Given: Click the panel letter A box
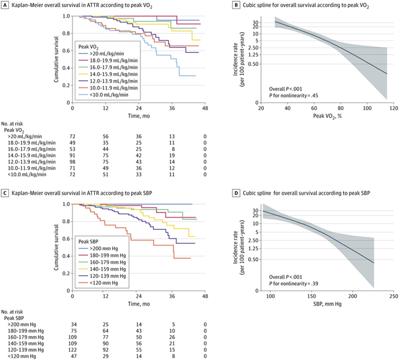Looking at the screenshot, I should (x=5, y=5).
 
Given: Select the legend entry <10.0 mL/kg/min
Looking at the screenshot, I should (x=109, y=95).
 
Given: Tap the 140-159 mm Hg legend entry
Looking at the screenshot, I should (x=108, y=269).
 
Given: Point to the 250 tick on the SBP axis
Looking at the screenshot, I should (x=393, y=296).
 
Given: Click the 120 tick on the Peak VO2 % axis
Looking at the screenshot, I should (x=393, y=108).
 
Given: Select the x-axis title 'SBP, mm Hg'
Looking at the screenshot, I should (x=327, y=304).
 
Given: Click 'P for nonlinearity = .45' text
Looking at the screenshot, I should (x=293, y=96).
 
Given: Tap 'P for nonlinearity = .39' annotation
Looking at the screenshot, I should (x=293, y=284).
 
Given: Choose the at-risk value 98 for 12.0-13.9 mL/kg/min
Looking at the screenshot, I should (x=73, y=162).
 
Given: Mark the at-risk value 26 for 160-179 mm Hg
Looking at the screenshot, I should (x=172, y=337).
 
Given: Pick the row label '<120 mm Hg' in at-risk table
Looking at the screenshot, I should (x=22, y=356).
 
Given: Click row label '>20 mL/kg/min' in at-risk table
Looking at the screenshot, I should (x=25, y=137).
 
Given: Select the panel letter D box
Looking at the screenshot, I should (x=236, y=193).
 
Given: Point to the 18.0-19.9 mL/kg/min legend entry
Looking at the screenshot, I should (x=113, y=60).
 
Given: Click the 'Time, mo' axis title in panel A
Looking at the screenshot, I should (x=139, y=116).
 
